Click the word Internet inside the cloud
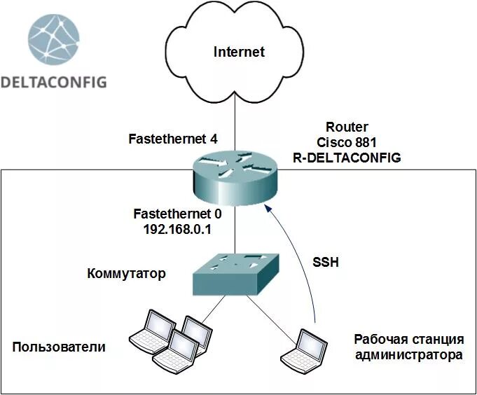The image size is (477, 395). (240, 52)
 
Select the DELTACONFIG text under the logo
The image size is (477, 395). (54, 82)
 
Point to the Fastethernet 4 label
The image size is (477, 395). (173, 139)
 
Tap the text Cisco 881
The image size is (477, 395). (347, 142)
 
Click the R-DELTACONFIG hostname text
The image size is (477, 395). (347, 158)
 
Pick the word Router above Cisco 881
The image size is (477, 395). (347, 127)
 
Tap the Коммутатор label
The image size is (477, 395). (127, 273)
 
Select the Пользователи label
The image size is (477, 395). (60, 347)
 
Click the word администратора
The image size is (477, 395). (409, 355)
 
